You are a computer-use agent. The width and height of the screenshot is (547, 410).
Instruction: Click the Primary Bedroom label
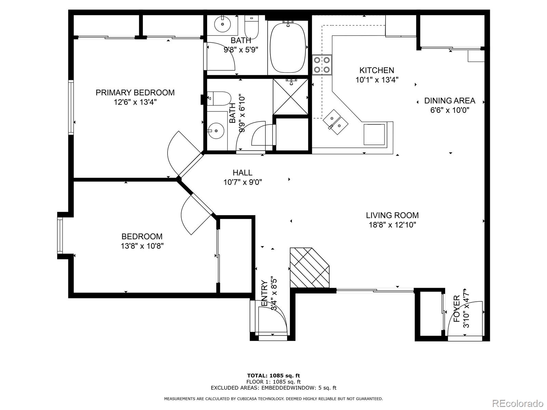pos(135,93)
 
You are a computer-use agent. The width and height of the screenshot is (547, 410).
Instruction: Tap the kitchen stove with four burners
pos(322,65)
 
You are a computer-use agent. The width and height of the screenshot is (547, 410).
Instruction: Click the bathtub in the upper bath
pos(288,47)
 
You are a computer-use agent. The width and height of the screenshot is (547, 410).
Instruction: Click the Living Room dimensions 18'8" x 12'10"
pos(392,225)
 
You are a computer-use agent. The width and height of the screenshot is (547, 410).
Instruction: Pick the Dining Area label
pos(450,101)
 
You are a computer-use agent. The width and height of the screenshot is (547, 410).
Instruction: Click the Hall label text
pos(242,173)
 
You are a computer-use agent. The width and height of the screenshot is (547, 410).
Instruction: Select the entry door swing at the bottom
pos(272,319)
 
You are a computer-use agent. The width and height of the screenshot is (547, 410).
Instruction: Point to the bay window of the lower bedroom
pos(60,236)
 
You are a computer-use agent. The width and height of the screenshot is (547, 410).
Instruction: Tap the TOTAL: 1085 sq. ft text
pos(273,376)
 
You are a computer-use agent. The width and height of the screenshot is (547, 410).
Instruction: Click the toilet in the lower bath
pos(219,98)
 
